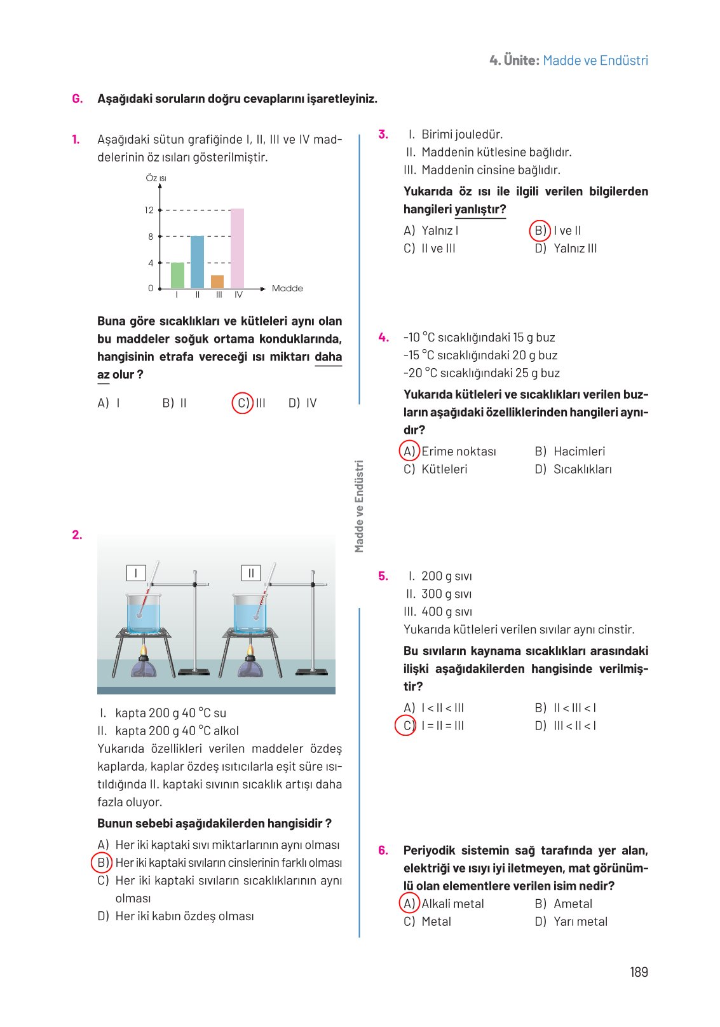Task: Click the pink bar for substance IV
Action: click(x=237, y=248)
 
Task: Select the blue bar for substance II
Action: click(x=197, y=262)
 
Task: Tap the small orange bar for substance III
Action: click(x=217, y=282)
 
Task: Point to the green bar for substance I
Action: click(x=177, y=275)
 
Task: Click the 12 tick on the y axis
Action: click(x=149, y=210)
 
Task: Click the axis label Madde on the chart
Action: click(x=287, y=288)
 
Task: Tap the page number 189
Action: click(x=639, y=972)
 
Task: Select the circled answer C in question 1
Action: click(x=243, y=403)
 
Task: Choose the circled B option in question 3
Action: click(x=540, y=230)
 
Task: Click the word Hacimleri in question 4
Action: click(x=579, y=451)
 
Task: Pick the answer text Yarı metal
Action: click(x=580, y=921)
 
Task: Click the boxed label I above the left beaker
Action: click(x=136, y=573)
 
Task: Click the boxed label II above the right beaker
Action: click(x=251, y=573)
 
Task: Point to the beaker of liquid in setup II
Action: click(x=250, y=614)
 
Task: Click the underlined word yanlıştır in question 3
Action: click(x=480, y=209)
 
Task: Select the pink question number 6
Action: click(x=383, y=850)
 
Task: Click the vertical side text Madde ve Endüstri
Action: click(x=360, y=506)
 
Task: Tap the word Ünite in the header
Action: click(x=521, y=60)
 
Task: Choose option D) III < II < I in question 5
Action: click(x=566, y=726)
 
